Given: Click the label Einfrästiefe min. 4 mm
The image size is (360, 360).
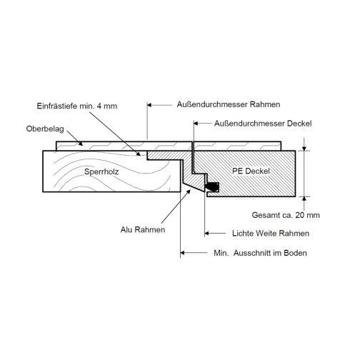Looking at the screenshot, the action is pos(77,106).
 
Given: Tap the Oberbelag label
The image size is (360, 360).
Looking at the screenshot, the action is pos(45,129).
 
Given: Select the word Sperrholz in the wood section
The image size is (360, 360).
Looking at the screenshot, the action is pos(101,171).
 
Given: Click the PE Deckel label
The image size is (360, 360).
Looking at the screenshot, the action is pos(251,171).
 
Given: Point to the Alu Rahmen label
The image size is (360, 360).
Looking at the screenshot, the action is pos(143,229).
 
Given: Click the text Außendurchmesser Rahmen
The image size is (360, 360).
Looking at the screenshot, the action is pos(229,104).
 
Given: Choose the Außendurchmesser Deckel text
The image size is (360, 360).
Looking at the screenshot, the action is pos(263,124).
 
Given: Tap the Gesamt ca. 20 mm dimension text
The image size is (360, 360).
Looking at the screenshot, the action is pos(286,215).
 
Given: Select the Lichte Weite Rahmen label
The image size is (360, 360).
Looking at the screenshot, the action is pos(271,234).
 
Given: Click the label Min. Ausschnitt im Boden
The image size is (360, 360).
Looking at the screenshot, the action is pos(260,253).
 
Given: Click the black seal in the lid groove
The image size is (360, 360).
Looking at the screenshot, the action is pos(213,186).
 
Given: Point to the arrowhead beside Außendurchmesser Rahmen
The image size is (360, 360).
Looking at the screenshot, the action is pos(150,105).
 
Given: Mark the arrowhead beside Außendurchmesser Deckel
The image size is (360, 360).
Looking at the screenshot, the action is pos(196,124).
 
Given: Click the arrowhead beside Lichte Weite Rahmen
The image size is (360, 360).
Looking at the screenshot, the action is pos(207,234).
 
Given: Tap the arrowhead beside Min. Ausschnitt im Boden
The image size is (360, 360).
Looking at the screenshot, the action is pos(183,253).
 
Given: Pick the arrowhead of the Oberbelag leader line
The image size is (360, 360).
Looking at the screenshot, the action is pos(81,144).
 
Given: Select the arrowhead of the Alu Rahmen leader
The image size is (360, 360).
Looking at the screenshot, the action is pos(189,191).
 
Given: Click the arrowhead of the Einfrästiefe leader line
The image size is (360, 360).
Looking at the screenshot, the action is pos(139,154).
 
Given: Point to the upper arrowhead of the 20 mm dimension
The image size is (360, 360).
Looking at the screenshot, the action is pos(304,149).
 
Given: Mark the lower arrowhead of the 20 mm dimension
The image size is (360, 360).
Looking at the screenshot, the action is pos(304,199).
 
